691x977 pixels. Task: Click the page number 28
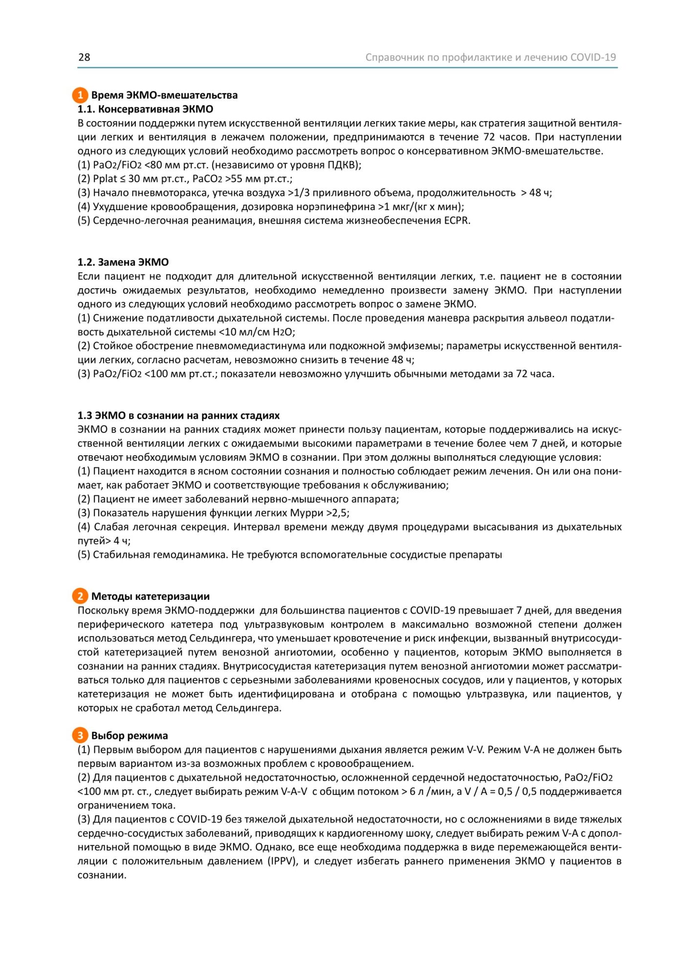84,57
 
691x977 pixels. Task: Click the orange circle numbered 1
80,95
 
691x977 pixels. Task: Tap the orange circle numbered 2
80,596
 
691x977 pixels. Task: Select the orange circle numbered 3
80,735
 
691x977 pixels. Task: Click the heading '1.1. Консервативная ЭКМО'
145,109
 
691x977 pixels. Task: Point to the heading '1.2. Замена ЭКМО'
123,262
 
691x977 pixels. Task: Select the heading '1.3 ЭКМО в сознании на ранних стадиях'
178,416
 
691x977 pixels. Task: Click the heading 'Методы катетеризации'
150,596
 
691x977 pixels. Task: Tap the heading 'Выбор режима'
130,736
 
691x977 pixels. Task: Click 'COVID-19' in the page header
593,57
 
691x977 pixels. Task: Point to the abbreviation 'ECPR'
456,221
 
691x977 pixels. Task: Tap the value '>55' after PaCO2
234,179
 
